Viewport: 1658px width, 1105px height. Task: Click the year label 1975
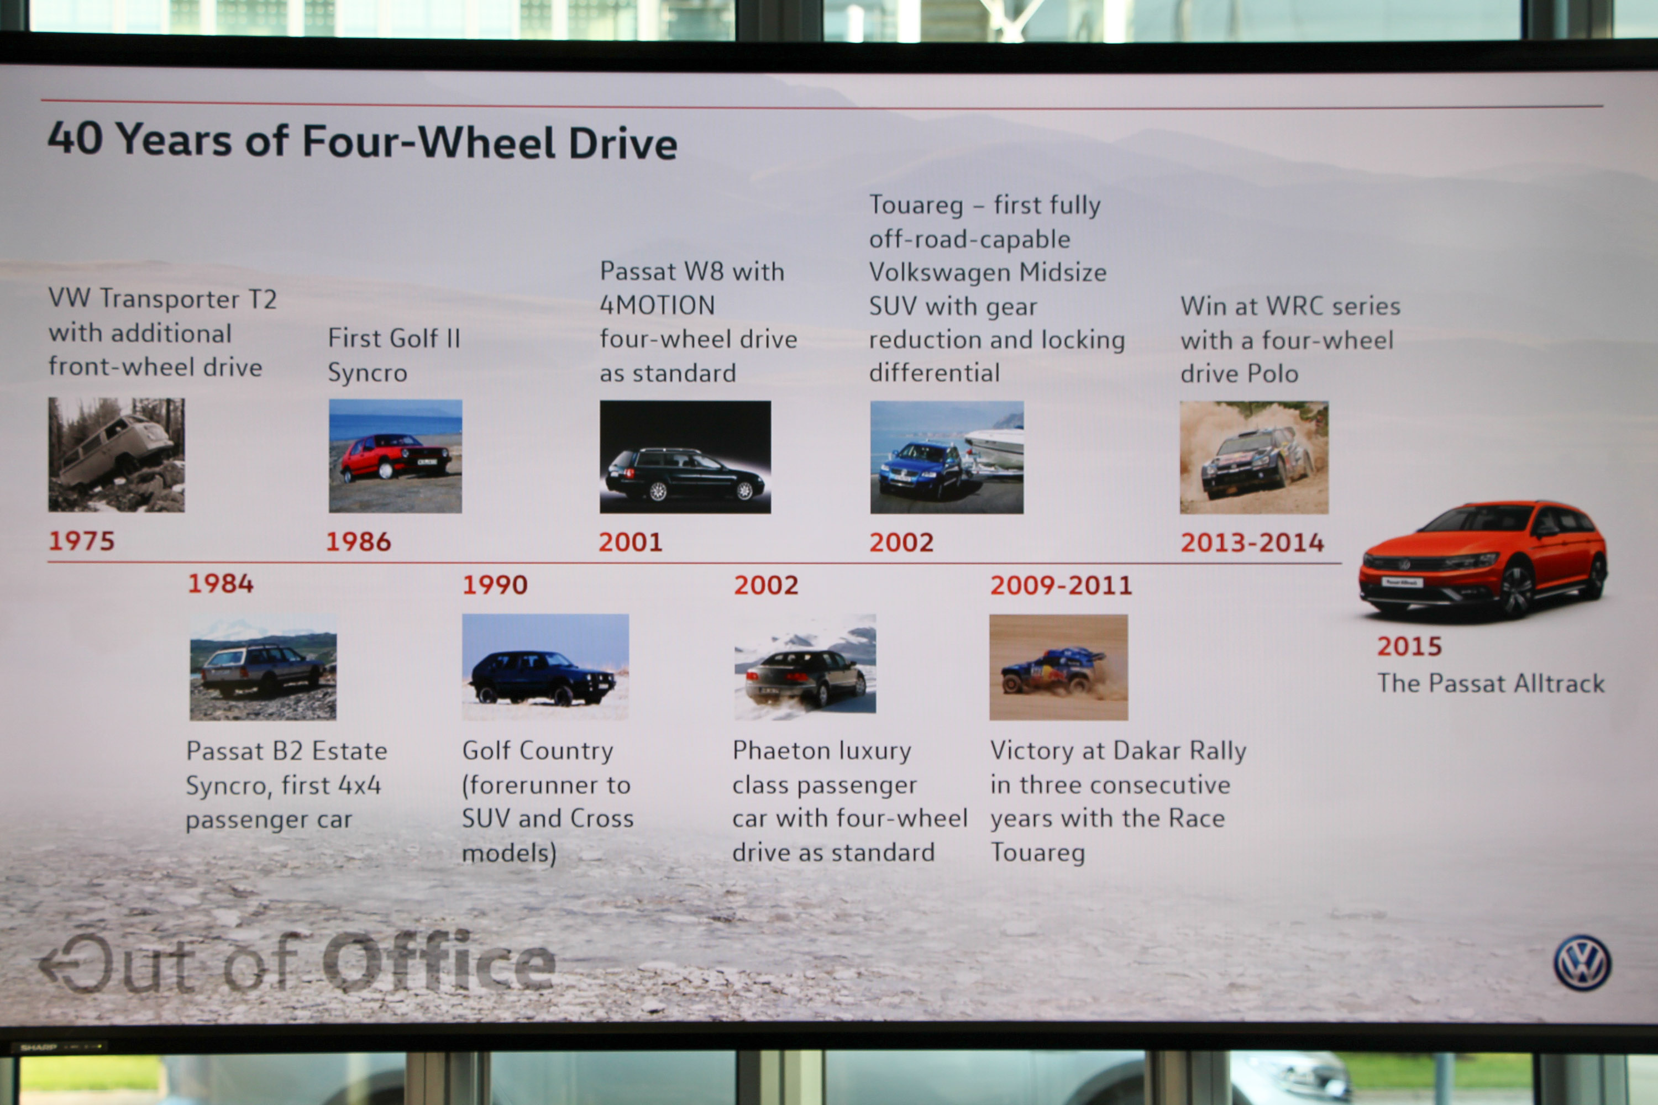click(x=81, y=540)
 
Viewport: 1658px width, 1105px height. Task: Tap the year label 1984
click(x=221, y=583)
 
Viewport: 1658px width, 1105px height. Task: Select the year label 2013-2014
click(x=1252, y=542)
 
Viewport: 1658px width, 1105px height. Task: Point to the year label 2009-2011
click(x=1061, y=585)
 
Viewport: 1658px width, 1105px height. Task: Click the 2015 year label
click(x=1410, y=646)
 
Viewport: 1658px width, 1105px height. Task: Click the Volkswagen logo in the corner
click(x=1582, y=962)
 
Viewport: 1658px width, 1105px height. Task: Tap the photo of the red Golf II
click(x=396, y=456)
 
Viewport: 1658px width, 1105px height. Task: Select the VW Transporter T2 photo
click(x=116, y=455)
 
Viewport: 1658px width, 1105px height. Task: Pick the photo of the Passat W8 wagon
click(x=685, y=457)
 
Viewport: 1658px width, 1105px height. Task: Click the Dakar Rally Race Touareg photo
click(x=1059, y=667)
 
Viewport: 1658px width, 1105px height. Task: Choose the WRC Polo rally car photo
click(x=1254, y=457)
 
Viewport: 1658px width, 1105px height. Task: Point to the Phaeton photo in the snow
click(x=805, y=667)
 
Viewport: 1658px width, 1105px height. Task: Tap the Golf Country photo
click(x=545, y=667)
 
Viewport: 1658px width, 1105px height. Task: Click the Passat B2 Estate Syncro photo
click(x=263, y=667)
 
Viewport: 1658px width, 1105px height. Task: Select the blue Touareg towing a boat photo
click(x=947, y=457)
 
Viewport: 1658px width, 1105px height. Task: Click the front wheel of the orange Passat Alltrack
click(x=1517, y=591)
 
